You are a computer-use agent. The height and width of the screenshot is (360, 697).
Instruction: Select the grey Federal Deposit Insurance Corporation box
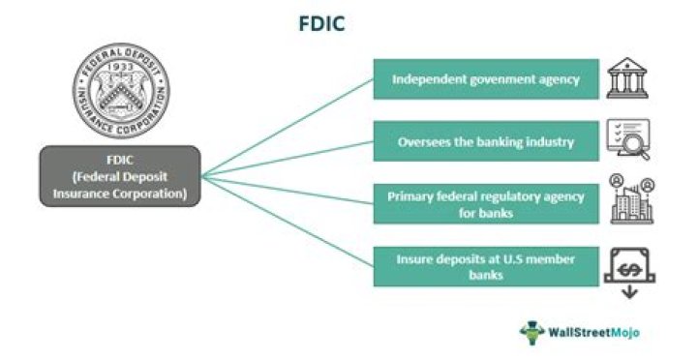(120, 175)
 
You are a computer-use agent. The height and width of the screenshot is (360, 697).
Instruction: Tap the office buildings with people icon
(631, 199)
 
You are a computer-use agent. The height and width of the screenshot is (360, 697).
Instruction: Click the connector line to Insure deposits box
(290, 223)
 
